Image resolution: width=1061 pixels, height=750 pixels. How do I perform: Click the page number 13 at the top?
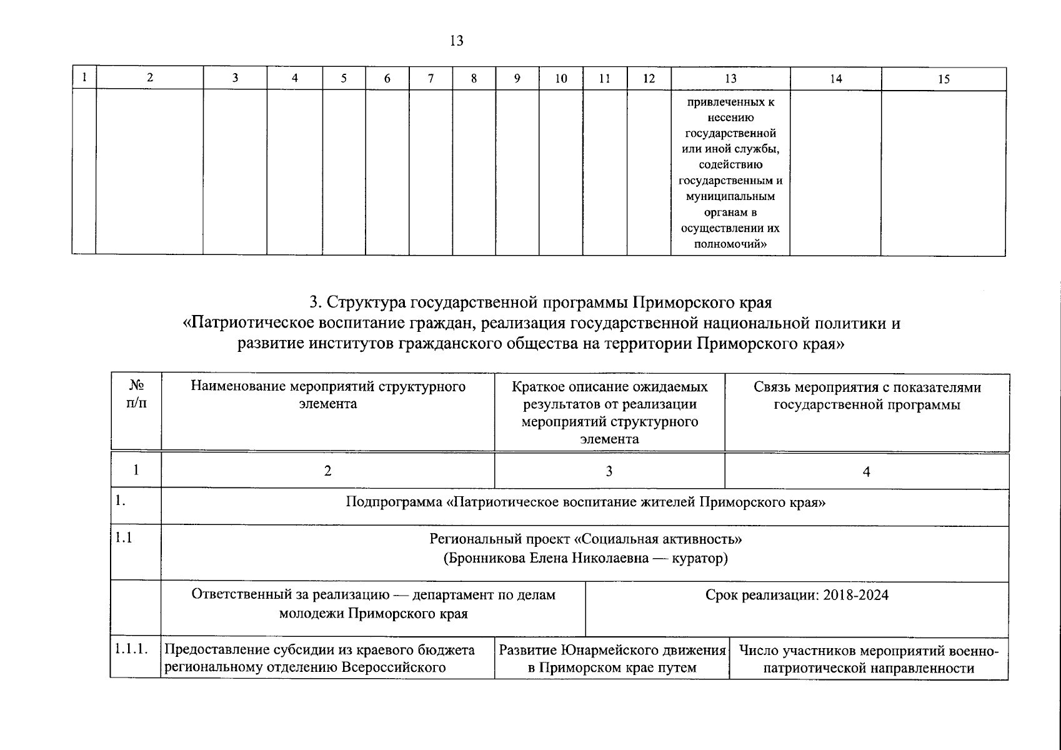click(456, 41)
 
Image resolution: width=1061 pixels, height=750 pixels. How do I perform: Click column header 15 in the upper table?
click(944, 79)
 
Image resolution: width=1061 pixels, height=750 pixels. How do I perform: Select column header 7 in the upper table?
click(431, 79)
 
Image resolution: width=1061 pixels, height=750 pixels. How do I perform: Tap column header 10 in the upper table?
click(560, 79)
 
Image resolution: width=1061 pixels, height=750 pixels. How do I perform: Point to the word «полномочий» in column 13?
click(730, 244)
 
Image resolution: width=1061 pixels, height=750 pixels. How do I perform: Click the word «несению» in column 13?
click(730, 117)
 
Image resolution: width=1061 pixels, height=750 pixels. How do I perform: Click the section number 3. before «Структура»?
click(315, 302)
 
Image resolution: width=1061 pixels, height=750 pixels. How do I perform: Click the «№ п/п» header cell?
click(136, 394)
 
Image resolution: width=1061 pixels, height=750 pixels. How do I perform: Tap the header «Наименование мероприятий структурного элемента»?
click(328, 395)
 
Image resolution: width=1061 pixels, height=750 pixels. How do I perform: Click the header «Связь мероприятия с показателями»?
click(867, 396)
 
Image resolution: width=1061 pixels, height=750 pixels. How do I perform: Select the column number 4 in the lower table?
click(866, 472)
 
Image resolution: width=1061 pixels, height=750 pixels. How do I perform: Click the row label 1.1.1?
click(131, 649)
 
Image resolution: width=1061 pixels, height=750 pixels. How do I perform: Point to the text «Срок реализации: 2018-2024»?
click(797, 595)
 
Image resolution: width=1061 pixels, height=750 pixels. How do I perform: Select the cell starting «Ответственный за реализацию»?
click(373, 604)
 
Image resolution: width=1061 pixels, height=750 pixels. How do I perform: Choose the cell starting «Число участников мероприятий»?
click(869, 659)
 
